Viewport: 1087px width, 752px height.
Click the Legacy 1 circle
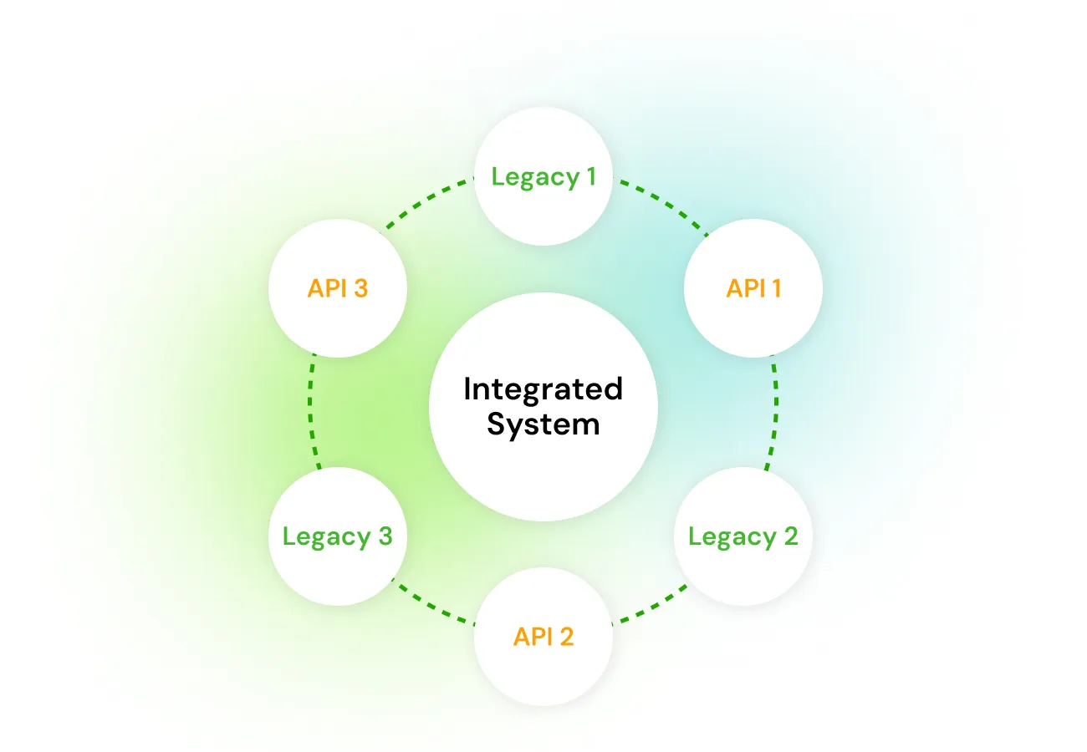coord(543,176)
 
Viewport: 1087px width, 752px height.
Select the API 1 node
coord(753,288)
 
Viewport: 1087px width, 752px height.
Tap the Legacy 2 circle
coord(743,536)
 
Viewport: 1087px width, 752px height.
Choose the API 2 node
coord(543,637)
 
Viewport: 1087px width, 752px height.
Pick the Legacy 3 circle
coord(337,536)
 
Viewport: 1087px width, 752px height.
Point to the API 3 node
coord(337,288)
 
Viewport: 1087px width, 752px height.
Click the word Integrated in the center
coord(543,389)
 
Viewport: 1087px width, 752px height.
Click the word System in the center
coord(543,424)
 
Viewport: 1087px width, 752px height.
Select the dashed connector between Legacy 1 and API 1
coord(662,203)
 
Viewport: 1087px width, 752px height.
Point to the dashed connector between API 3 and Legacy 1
coord(425,203)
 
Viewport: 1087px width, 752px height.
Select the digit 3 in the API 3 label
coord(360,288)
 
